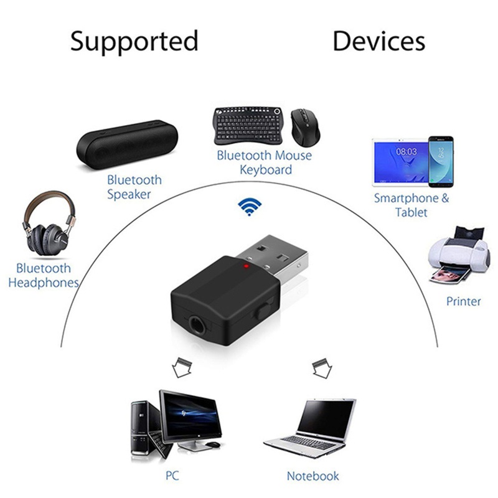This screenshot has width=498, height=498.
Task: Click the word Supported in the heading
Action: (134, 41)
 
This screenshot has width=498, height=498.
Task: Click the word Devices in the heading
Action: (378, 41)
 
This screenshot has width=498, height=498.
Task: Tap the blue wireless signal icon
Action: (251, 207)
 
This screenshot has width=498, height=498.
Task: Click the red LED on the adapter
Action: (247, 268)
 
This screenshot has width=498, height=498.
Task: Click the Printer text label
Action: (464, 301)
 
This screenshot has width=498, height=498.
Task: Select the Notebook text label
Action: (313, 476)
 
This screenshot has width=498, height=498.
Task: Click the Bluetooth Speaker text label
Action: (134, 187)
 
